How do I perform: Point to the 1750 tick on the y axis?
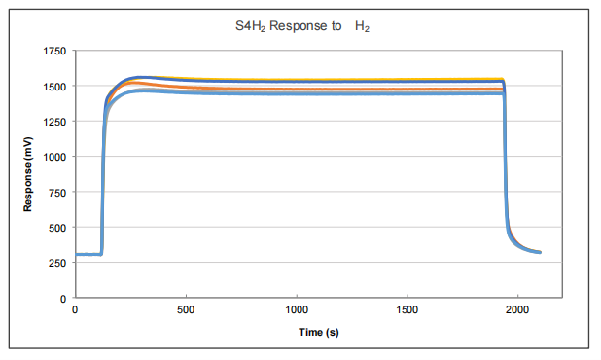point(54,51)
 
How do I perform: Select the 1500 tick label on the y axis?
point(54,87)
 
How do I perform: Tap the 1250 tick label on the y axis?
point(54,122)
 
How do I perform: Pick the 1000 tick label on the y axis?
point(54,157)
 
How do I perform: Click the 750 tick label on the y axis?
point(57,192)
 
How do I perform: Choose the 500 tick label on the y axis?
point(57,228)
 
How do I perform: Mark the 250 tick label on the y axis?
point(57,263)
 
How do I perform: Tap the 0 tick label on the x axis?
point(75,311)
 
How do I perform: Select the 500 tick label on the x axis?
point(186,311)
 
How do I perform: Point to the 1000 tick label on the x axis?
point(297,311)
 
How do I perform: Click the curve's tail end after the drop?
point(537,252)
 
